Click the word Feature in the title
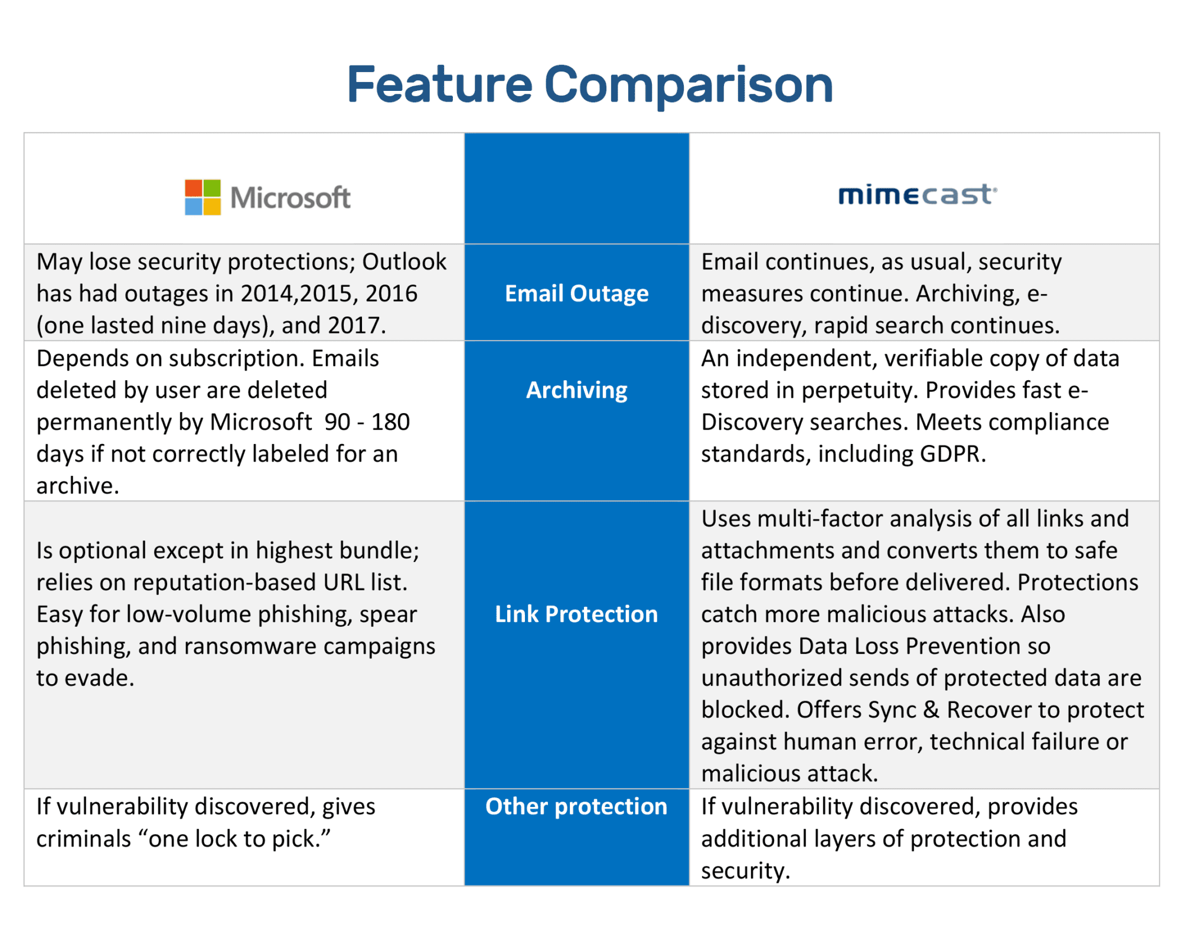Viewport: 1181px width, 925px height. [439, 84]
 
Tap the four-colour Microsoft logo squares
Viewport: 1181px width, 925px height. [203, 197]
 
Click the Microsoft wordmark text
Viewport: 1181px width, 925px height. [290, 198]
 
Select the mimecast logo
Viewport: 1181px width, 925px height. [917, 194]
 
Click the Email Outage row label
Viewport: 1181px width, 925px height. [576, 293]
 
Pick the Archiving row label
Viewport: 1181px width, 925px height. [576, 390]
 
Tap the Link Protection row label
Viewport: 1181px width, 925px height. [576, 614]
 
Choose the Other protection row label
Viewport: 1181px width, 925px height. [576, 806]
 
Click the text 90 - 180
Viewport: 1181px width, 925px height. [367, 422]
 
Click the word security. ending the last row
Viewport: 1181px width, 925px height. [745, 871]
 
